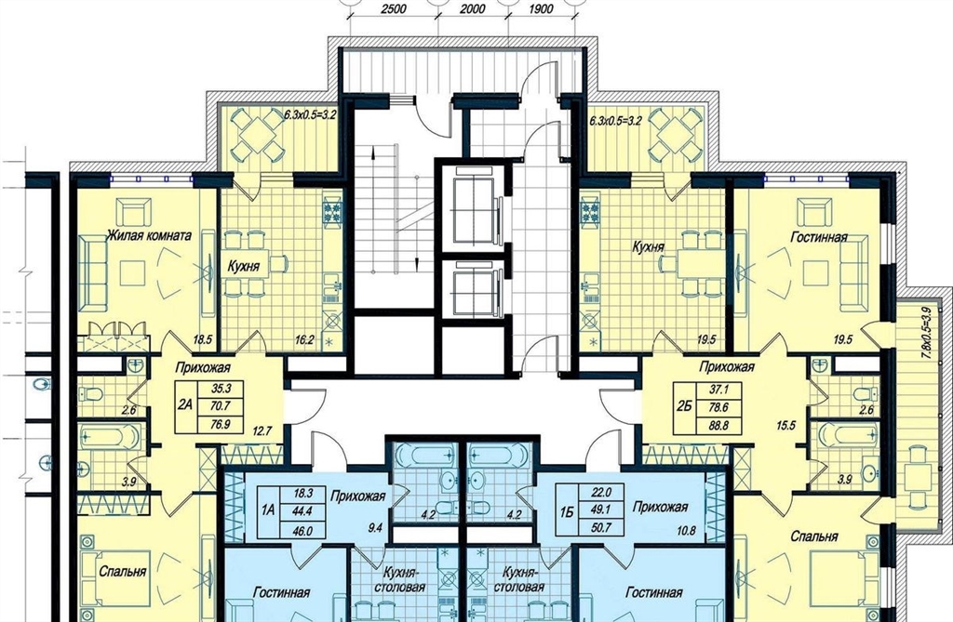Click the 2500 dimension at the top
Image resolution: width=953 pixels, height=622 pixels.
click(x=394, y=9)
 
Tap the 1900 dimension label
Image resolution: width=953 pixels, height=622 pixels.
click(x=541, y=9)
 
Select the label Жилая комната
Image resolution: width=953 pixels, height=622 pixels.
click(x=149, y=235)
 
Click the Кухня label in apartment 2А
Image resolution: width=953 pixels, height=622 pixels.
click(x=244, y=266)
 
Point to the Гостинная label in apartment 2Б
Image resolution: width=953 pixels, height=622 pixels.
click(x=819, y=237)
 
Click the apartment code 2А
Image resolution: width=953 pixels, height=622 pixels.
click(x=185, y=404)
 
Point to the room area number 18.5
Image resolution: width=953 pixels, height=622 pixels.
click(x=202, y=340)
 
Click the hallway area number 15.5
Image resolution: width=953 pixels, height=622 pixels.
click(x=785, y=426)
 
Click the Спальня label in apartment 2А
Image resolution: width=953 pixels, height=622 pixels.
click(x=123, y=572)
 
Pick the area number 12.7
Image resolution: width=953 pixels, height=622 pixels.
click(x=261, y=432)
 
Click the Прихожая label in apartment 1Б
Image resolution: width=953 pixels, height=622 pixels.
click(x=660, y=507)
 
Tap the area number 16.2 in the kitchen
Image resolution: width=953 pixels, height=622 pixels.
click(x=304, y=340)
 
